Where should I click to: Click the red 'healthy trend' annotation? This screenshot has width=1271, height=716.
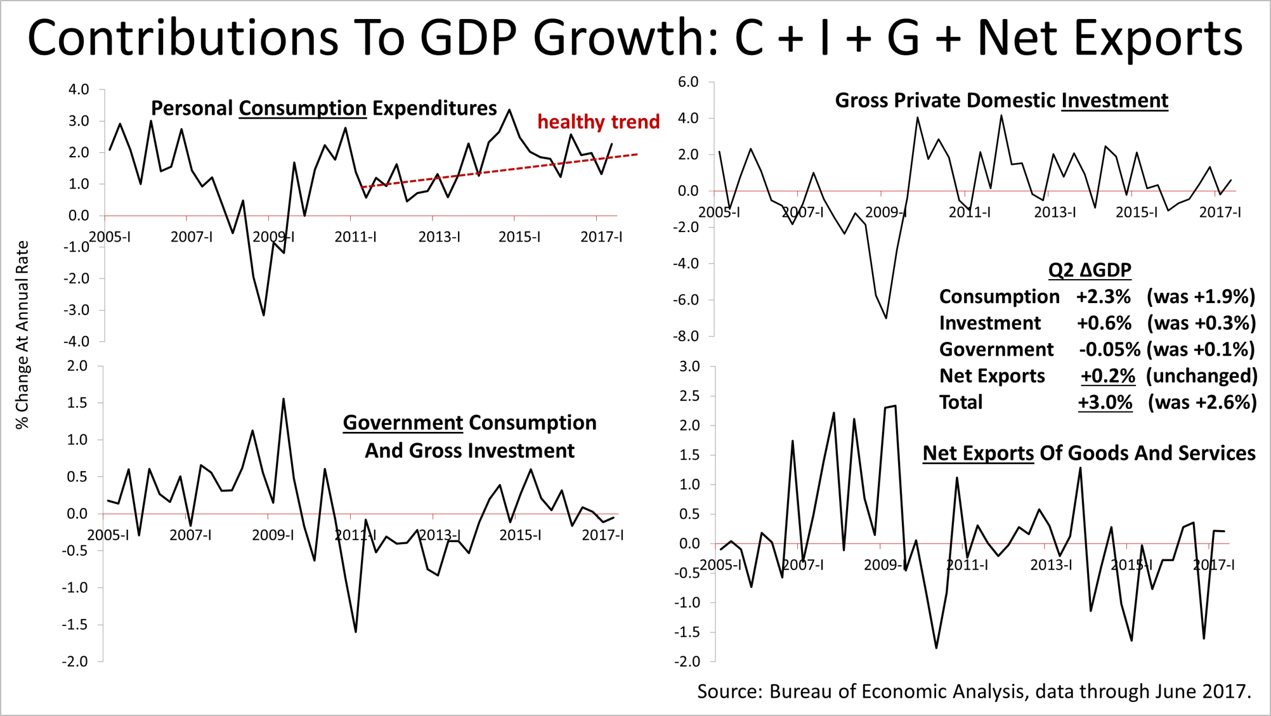(598, 122)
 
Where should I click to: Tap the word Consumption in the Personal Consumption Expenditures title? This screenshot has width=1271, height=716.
(303, 108)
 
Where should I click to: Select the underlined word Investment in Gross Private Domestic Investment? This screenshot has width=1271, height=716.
(1114, 101)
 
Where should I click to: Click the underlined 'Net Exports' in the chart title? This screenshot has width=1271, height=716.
(978, 453)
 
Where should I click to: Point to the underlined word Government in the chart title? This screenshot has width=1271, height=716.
(403, 423)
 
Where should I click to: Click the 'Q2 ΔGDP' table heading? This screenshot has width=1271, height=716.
(1089, 270)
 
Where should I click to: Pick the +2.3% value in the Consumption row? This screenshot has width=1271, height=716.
(1103, 297)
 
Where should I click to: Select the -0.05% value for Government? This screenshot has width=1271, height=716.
(1109, 349)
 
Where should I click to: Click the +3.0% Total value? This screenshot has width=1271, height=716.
(1105, 403)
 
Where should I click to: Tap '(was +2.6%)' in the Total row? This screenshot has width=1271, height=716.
(1202, 403)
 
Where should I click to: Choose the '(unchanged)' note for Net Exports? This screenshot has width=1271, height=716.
(1201, 376)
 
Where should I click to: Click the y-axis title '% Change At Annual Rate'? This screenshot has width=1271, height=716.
(23, 335)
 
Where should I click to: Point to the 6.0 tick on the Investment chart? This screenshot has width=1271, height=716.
(688, 82)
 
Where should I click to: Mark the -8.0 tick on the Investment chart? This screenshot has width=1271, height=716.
(686, 336)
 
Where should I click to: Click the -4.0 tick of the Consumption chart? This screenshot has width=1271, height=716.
(75, 341)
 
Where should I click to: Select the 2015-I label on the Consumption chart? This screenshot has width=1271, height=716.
(519, 237)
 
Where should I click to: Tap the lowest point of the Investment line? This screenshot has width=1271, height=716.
(886, 318)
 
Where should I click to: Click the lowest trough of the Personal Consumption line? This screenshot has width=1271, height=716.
(263, 315)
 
